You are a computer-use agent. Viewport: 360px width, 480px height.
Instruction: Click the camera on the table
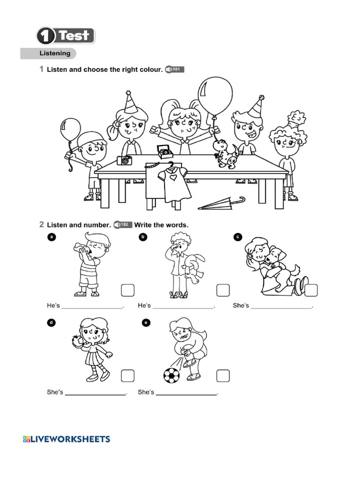125,160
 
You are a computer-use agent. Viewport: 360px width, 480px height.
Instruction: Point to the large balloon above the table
215,96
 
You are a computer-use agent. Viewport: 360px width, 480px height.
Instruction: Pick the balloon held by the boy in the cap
70,129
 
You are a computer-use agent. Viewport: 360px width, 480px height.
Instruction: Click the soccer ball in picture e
171,375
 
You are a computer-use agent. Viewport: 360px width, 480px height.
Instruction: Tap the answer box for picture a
128,290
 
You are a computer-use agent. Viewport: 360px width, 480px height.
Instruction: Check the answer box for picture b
223,290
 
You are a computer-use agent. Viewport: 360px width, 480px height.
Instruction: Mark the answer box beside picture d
128,375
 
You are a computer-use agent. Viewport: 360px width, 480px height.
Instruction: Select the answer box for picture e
223,375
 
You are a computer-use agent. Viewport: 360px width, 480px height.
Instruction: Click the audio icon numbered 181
175,70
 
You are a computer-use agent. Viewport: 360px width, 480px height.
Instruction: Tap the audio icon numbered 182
123,225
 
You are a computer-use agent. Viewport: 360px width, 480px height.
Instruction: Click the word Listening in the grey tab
55,53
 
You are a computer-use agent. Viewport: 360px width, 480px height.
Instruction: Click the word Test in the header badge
74,36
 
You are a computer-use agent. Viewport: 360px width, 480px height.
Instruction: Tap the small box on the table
164,151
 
